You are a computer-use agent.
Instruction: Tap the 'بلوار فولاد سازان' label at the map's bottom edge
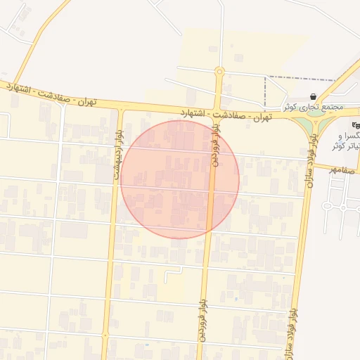point(290,330)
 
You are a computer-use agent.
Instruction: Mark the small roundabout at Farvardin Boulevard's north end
point(220,71)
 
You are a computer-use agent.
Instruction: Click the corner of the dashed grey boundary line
point(266,77)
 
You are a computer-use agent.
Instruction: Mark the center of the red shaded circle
point(180,179)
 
